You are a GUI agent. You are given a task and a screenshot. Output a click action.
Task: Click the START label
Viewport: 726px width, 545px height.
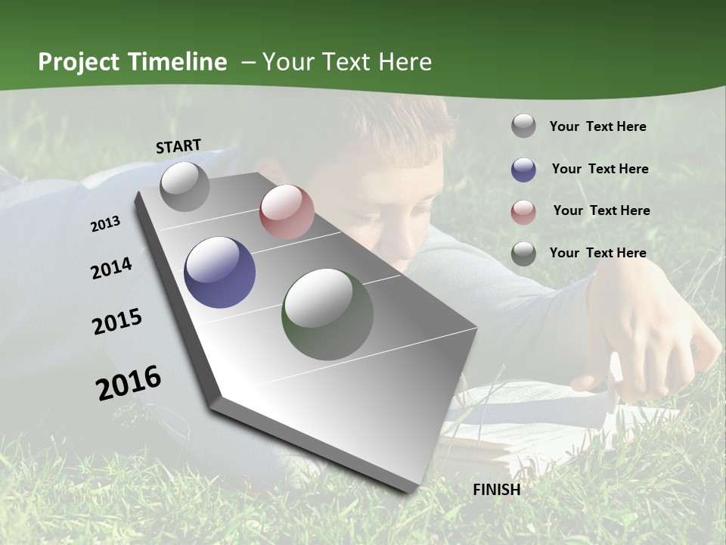[178, 146]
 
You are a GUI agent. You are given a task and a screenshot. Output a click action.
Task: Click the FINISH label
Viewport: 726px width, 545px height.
[497, 490]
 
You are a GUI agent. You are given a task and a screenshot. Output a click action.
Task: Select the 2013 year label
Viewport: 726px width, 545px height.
[105, 223]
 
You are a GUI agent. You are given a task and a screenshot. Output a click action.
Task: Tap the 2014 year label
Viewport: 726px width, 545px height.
[111, 269]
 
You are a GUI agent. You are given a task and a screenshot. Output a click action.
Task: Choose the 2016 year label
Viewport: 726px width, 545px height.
[129, 382]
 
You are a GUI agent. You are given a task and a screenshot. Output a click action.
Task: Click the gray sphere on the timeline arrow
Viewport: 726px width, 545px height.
[185, 186]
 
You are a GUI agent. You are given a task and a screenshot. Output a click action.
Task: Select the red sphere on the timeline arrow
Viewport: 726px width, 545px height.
[287, 212]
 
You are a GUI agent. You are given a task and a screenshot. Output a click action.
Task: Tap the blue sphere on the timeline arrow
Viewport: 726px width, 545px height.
[219, 272]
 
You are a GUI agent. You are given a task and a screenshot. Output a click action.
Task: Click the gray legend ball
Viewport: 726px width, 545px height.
[523, 126]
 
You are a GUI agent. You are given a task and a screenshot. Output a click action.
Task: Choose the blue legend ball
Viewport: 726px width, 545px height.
[523, 169]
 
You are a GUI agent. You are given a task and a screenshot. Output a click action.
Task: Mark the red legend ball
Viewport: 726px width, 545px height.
[523, 211]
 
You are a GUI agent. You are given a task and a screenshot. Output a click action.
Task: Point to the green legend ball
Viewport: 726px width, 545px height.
[523, 254]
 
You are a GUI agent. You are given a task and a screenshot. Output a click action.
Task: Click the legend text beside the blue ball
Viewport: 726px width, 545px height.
[600, 169]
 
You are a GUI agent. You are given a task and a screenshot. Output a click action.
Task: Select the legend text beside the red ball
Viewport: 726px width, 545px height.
[601, 210]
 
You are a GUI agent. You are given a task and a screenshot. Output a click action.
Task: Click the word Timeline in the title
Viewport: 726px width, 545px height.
[178, 62]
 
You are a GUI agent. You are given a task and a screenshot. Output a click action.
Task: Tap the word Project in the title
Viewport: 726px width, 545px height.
[79, 62]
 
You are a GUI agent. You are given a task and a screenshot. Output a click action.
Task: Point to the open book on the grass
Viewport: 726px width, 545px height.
[529, 424]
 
